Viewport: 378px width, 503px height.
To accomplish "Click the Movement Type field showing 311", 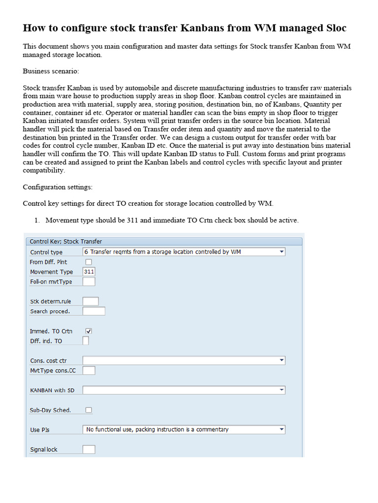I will point(89,272).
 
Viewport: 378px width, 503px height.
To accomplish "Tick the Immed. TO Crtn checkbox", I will point(89,331).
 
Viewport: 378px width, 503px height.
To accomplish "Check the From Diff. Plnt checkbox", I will point(89,262).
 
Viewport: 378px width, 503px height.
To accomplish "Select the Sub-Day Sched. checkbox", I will point(89,410).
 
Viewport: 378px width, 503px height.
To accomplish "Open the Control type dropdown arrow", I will point(282,252).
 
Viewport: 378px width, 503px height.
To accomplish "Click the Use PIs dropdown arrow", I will point(282,429).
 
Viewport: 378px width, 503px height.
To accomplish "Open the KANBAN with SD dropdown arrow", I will point(282,390).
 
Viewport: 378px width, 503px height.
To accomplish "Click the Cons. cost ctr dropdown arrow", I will point(282,361).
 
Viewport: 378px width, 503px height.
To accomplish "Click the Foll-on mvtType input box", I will point(89,281).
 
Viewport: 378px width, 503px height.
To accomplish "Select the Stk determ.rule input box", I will point(91,301).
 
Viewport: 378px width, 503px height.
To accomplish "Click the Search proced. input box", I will point(94,311).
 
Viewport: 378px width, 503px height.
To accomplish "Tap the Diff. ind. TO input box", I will point(86,341).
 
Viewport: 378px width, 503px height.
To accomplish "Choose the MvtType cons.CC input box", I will point(89,370).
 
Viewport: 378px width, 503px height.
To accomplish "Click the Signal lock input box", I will point(89,449).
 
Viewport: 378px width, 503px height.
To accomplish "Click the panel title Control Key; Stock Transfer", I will point(66,241).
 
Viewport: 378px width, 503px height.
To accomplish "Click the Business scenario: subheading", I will point(51,71).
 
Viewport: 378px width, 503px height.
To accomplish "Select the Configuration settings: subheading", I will point(58,187).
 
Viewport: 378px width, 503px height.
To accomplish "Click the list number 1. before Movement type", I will point(37,220).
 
